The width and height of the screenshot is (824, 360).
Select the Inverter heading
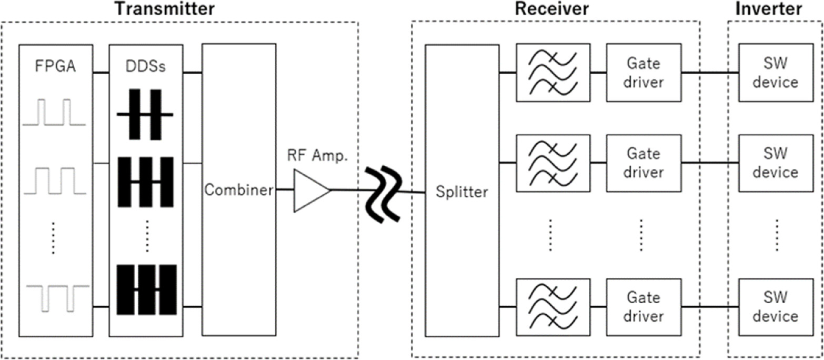[775, 9]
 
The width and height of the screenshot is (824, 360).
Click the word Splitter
[461, 192]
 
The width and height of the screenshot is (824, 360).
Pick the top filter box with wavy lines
[552, 73]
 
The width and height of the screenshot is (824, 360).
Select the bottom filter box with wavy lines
[552, 307]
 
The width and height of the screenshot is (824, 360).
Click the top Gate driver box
[643, 73]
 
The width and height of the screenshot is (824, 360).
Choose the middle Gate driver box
[643, 163]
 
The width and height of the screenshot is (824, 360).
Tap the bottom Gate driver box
[643, 307]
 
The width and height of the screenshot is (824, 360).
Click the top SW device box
[775, 73]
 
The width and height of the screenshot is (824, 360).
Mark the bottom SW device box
[775, 307]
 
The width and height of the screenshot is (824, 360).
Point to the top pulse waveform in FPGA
[53, 113]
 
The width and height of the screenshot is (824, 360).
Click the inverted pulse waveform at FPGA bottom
[53, 297]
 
